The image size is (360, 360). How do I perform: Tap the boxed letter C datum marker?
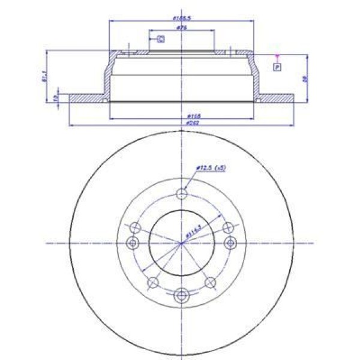(161, 39)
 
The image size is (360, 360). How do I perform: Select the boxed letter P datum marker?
(277, 67)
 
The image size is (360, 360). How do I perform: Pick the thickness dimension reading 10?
(55, 98)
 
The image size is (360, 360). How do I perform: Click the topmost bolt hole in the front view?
(182, 194)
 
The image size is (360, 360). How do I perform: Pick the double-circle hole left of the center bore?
(133, 242)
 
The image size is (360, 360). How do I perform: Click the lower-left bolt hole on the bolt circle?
(152, 282)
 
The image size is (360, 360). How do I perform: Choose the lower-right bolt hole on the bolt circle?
(211, 282)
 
